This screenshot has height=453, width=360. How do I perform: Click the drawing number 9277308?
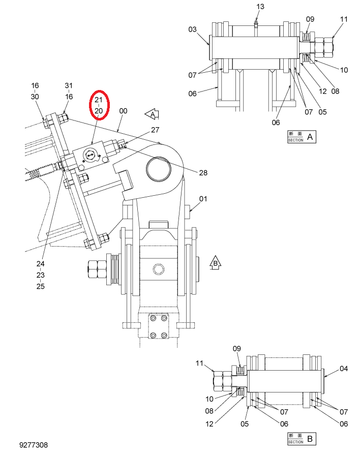coord(34,445)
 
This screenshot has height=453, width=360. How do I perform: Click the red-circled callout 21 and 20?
coord(99,105)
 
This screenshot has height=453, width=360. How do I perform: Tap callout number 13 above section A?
coord(260,7)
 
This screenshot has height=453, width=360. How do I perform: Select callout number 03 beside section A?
coord(192,29)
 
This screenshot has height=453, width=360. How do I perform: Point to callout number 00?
coord(123,111)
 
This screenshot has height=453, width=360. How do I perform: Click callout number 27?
coord(155,130)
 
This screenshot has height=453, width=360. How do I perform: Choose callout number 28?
coord(203,173)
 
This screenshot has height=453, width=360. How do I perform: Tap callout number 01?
coord(203,199)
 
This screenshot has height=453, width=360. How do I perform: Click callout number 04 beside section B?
coord(344,369)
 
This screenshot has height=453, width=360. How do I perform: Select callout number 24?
coord(41,264)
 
